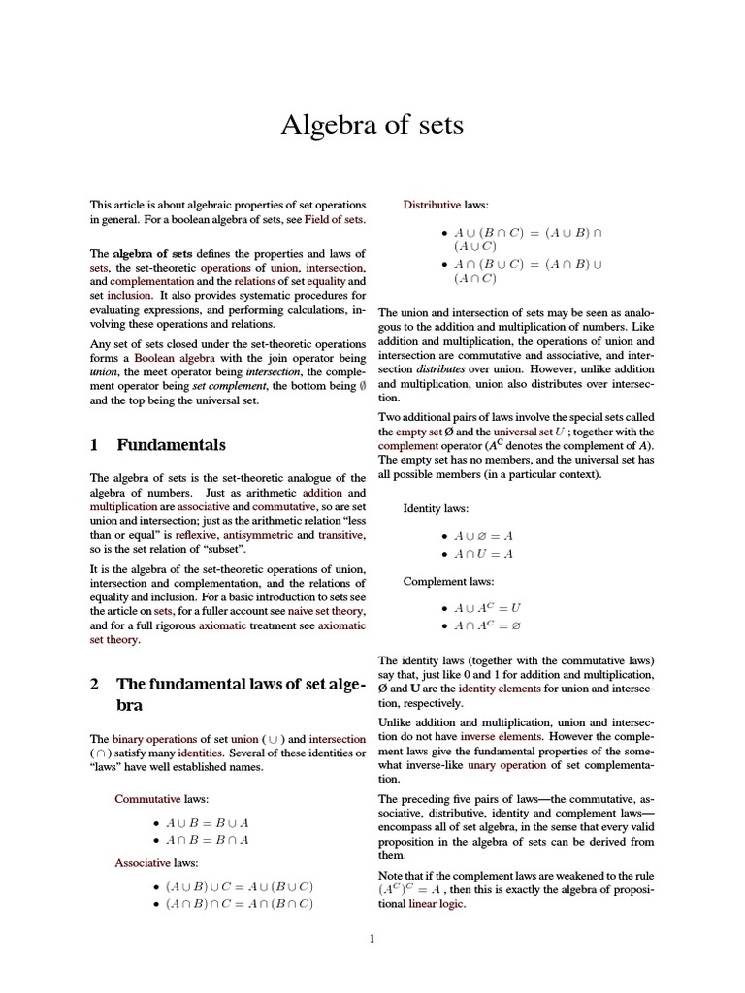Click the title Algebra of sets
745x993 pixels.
tap(372, 125)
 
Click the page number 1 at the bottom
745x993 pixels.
tap(372, 938)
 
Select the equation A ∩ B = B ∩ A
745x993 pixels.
tap(208, 840)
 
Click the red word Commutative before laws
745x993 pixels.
tap(147, 799)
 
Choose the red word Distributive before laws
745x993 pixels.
tap(432, 206)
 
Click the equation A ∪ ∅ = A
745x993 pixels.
tap(483, 535)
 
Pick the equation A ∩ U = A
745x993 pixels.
tap(483, 553)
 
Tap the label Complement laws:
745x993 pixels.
tap(448, 582)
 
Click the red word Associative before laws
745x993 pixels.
tap(144, 862)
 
